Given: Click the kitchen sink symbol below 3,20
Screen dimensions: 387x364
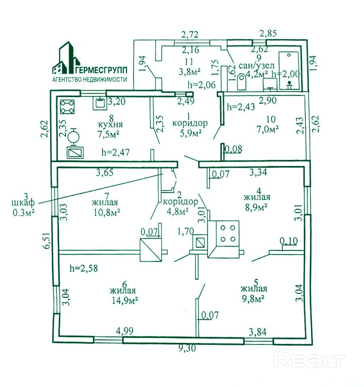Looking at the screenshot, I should (99, 103).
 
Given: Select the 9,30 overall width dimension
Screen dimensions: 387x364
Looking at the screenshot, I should (187, 348).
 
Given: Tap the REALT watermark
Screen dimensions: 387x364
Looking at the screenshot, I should (309, 360).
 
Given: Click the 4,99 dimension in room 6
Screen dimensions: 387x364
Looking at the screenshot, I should (125, 331).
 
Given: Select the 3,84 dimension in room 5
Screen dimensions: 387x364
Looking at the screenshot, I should (257, 333).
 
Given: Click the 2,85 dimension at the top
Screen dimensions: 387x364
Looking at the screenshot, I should (268, 33).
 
